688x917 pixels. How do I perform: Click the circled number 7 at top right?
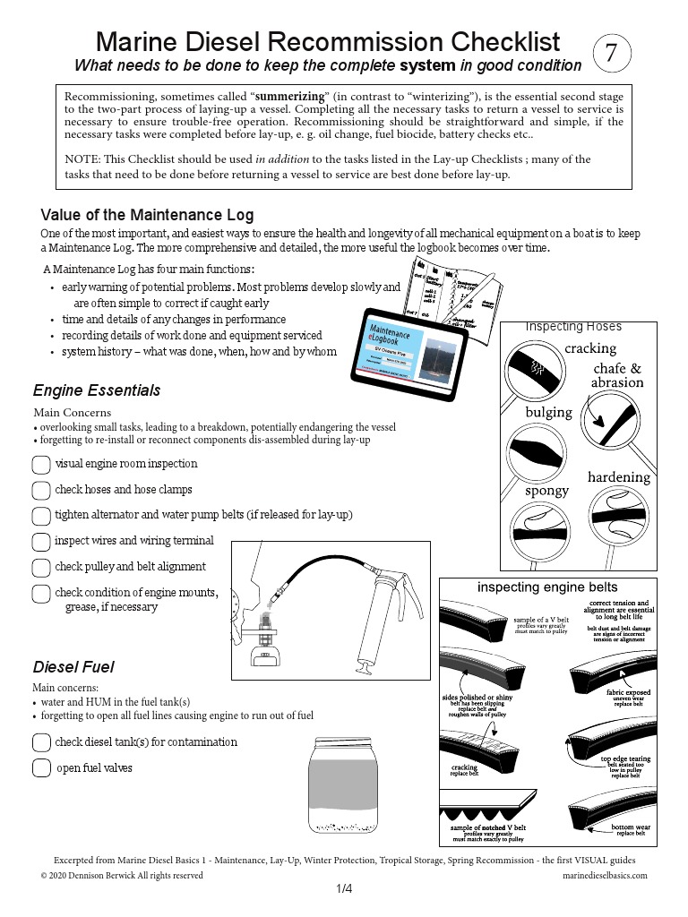pyautogui.click(x=612, y=54)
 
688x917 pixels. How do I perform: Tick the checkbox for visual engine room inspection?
pyautogui.click(x=41, y=465)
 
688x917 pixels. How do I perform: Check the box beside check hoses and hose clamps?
pyautogui.click(x=41, y=490)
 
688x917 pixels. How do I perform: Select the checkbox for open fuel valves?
pyautogui.click(x=41, y=768)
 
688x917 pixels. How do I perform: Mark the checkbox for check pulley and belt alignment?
pyautogui.click(x=41, y=568)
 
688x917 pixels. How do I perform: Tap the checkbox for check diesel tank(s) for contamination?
pyautogui.click(x=41, y=742)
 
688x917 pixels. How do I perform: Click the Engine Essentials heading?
pyautogui.click(x=97, y=390)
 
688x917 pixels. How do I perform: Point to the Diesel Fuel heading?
pyautogui.click(x=73, y=667)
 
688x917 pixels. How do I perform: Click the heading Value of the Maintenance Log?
pyautogui.click(x=147, y=215)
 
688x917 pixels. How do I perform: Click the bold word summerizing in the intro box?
pyautogui.click(x=290, y=94)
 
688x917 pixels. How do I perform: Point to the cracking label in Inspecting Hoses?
pyautogui.click(x=590, y=347)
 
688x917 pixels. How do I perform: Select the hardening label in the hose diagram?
pyautogui.click(x=618, y=477)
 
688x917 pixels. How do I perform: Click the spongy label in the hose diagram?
pyautogui.click(x=546, y=491)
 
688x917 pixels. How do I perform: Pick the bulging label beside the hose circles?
pyautogui.click(x=548, y=412)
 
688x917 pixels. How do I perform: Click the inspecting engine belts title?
pyautogui.click(x=546, y=587)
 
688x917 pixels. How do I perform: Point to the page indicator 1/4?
pyautogui.click(x=344, y=889)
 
